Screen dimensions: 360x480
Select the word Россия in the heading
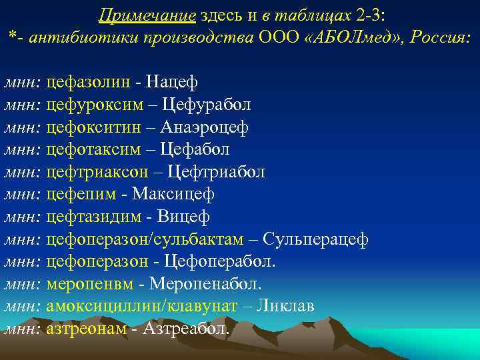[439, 37]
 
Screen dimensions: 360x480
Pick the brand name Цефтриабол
[216, 172]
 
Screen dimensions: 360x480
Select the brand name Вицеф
[183, 217]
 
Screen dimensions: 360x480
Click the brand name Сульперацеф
[315, 239]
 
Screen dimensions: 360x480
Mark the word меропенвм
[89, 284]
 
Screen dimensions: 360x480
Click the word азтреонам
[86, 329]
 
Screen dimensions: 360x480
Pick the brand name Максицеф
[173, 194]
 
